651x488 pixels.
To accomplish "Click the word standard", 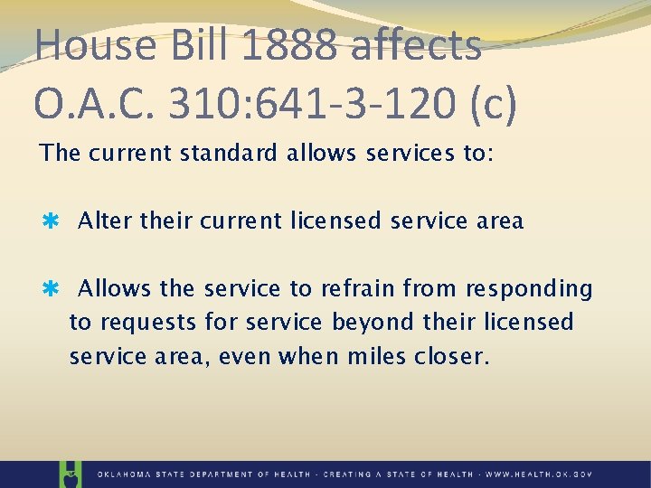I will pos(230,153).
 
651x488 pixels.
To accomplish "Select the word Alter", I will pos(103,221).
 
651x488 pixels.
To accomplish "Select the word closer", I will pos(450,356).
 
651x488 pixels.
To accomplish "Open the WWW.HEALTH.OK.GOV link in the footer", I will pos(538,474).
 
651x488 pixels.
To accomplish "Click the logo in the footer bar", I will pos(70,474).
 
